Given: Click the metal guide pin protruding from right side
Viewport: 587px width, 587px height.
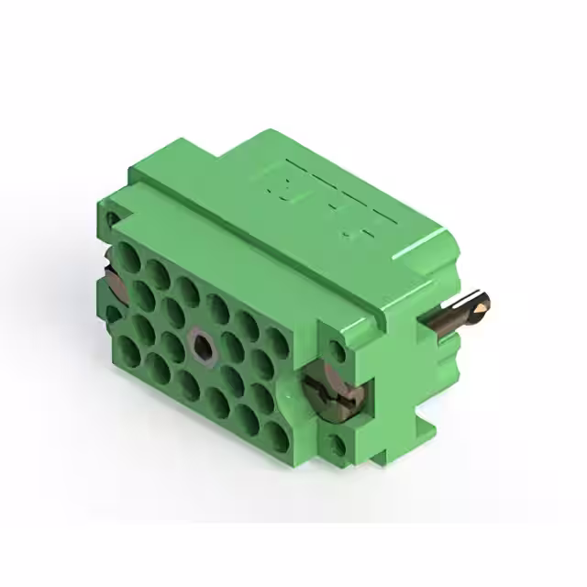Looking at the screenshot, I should pos(454,312).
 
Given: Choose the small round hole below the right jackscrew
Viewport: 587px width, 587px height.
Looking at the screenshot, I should pos(338,446).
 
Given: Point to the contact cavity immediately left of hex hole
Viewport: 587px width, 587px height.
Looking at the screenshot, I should pos(172,329).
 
